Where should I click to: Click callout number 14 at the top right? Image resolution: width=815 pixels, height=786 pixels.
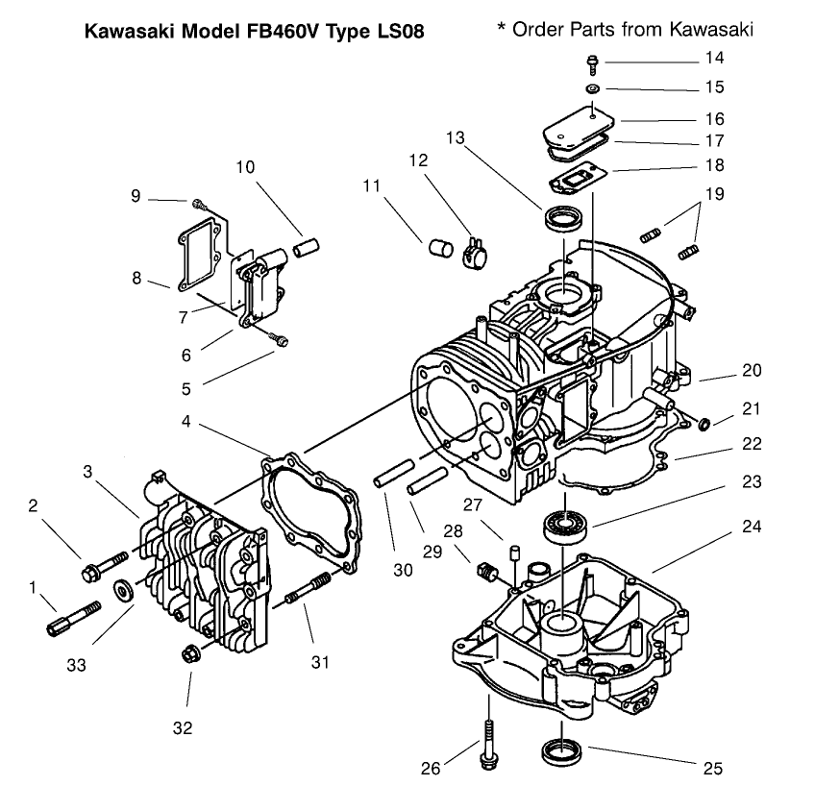pyautogui.click(x=713, y=59)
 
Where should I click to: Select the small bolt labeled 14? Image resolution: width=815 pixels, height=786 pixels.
pyautogui.click(x=593, y=64)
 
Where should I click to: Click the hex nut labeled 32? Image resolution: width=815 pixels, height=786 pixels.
pyautogui.click(x=189, y=654)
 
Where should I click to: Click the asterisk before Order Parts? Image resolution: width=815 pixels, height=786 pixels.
pyautogui.click(x=501, y=27)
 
